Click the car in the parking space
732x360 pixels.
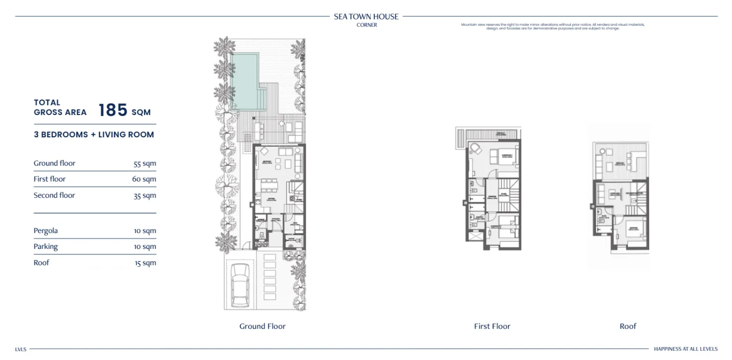point(241,285)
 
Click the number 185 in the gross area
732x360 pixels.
point(113,110)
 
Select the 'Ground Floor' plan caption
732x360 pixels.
point(262,326)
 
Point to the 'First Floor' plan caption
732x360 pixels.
point(492,326)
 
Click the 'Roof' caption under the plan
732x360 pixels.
point(628,326)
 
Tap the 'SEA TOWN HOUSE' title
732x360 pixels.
point(366,16)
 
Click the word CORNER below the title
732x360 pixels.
point(366,25)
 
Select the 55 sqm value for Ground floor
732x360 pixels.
point(145,164)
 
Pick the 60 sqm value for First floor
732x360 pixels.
point(144,180)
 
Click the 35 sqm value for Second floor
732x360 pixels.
point(145,196)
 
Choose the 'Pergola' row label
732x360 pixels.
point(46,231)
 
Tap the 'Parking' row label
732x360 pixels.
point(46,246)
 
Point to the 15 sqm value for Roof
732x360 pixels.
point(145,263)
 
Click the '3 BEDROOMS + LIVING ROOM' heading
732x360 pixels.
point(94,134)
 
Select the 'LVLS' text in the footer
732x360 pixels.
point(20,349)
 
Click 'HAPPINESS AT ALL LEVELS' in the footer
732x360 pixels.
point(685,349)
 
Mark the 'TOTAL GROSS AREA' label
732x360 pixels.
point(60,108)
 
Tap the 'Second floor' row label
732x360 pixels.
point(54,195)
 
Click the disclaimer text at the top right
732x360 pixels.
point(552,26)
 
